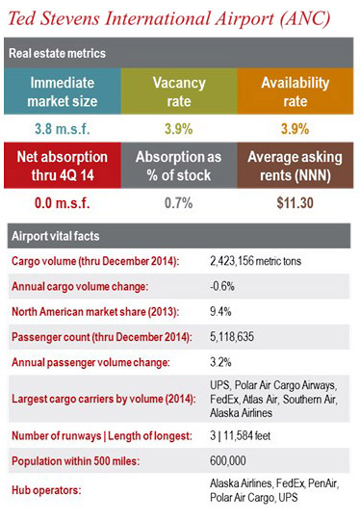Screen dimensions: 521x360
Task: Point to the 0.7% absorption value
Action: coord(179,202)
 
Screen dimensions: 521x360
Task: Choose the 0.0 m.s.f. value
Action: coord(60,202)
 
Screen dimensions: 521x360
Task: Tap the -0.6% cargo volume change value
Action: coord(223,286)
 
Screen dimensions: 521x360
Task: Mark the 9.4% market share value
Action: coord(222,310)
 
